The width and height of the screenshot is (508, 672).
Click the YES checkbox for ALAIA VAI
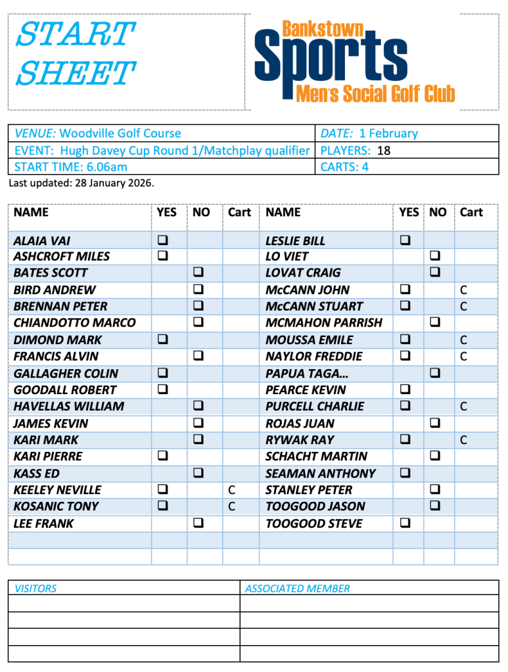tap(162, 240)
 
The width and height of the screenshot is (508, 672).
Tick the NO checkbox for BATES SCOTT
tap(198, 273)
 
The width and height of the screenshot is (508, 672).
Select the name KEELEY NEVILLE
tap(57, 490)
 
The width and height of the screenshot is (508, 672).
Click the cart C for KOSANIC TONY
tap(231, 506)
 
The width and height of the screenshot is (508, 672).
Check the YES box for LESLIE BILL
tap(405, 240)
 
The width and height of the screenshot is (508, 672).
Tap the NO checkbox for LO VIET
tap(434, 256)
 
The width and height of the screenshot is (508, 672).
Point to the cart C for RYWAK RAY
tap(463, 440)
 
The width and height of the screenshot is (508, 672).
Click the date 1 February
tap(388, 133)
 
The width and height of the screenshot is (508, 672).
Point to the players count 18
tap(384, 150)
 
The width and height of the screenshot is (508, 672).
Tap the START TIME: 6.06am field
tap(71, 167)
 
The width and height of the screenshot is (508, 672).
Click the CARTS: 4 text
tap(344, 167)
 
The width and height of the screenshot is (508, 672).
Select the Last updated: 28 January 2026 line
tap(81, 183)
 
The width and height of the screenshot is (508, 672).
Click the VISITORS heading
tap(35, 589)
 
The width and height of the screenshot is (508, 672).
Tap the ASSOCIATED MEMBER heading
tap(297, 589)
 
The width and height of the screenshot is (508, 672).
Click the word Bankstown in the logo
tap(323, 29)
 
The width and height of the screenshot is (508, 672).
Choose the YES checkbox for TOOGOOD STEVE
tap(405, 524)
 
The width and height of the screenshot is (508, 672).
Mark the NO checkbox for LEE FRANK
tap(198, 524)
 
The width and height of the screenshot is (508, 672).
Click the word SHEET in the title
tap(76, 73)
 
